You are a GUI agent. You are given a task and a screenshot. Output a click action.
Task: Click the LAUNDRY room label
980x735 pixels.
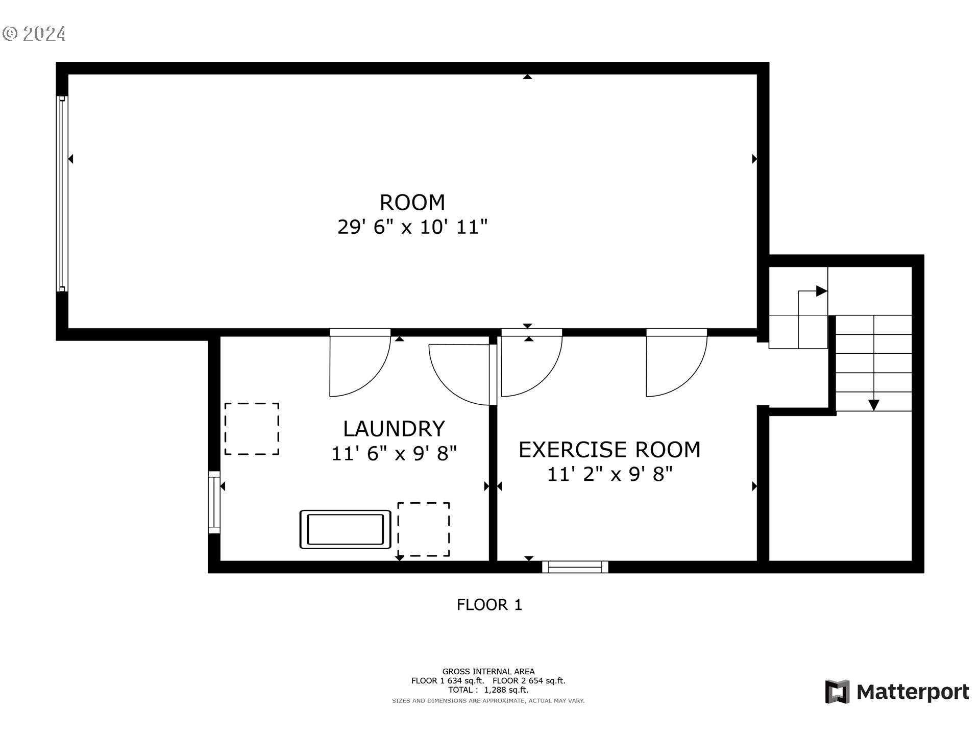(394, 429)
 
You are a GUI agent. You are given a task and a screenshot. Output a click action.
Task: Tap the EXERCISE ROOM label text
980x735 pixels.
(609, 450)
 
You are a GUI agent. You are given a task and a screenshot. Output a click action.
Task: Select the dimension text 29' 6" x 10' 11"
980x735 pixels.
(412, 227)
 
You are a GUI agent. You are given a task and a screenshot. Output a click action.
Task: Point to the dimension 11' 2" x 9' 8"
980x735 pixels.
(610, 474)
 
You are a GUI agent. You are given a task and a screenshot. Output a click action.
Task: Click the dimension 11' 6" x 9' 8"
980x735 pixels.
(394, 453)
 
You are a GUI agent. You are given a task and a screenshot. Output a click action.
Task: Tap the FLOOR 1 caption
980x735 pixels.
(489, 605)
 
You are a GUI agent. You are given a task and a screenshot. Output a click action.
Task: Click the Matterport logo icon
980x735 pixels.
(837, 692)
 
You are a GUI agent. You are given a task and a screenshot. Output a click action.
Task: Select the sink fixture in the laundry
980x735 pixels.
(345, 529)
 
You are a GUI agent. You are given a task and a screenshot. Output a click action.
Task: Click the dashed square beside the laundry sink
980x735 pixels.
(424, 529)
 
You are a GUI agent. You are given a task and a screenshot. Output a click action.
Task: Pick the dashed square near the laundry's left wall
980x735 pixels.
(252, 429)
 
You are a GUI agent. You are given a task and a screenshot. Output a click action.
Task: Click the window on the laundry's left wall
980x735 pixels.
(214, 502)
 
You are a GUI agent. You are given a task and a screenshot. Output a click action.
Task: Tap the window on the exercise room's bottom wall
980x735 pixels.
(575, 567)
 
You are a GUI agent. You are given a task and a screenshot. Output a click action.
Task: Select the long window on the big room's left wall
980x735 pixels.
(62, 193)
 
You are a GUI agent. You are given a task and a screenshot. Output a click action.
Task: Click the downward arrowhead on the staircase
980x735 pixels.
(874, 405)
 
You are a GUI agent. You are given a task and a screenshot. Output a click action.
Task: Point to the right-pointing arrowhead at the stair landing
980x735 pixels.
(821, 291)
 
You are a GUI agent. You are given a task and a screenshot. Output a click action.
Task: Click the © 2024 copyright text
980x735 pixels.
(34, 34)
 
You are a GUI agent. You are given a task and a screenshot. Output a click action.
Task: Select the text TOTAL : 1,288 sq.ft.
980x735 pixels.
(488, 690)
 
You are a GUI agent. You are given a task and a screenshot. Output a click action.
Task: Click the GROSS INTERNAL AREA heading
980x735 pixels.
(488, 672)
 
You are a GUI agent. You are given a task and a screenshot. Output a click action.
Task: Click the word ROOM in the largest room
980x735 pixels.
(412, 203)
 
